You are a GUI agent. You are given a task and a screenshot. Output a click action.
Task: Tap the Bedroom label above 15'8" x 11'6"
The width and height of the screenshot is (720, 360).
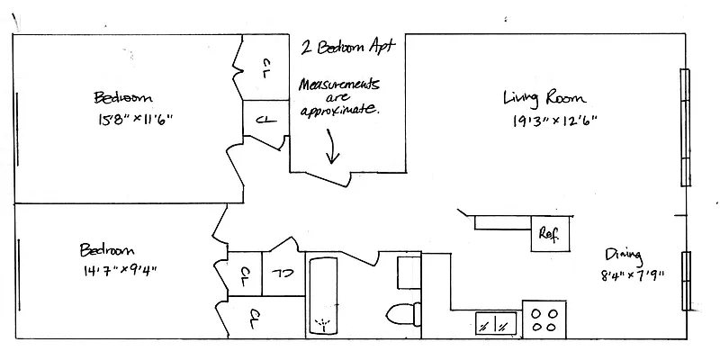tap(121, 96)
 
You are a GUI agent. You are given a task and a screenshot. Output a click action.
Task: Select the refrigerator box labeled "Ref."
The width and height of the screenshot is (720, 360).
tap(547, 233)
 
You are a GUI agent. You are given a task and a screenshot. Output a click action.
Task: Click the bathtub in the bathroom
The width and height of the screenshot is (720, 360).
tap(321, 298)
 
